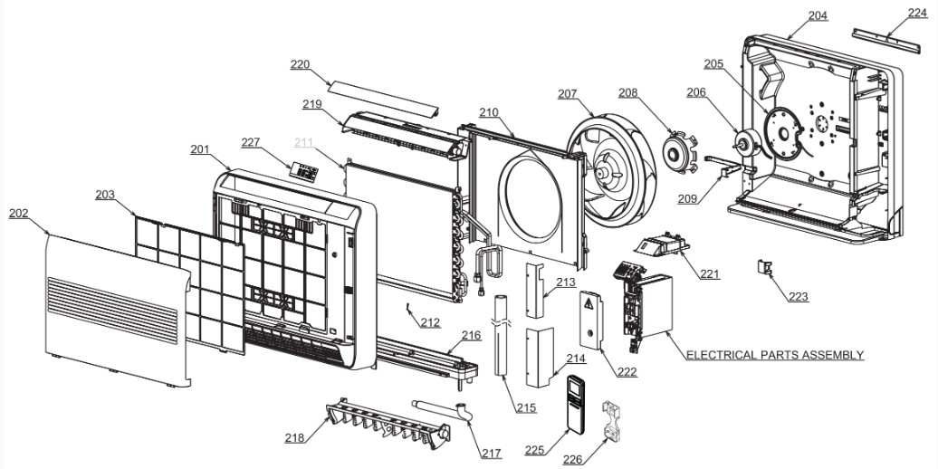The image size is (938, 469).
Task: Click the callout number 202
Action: point(18,214)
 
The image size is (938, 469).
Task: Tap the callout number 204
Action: point(818,16)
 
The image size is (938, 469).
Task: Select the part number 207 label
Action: point(568,94)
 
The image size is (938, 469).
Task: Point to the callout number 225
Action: point(534,450)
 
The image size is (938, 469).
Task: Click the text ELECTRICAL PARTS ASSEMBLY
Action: point(775,355)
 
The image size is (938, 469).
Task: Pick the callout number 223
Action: point(798,296)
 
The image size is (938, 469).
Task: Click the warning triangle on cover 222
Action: point(589,304)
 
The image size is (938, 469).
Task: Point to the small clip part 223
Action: point(764,267)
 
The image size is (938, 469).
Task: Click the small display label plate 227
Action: point(305,169)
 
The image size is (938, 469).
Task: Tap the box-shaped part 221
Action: point(660,245)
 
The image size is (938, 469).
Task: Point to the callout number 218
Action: point(294,438)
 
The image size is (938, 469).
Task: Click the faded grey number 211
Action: point(304,142)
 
